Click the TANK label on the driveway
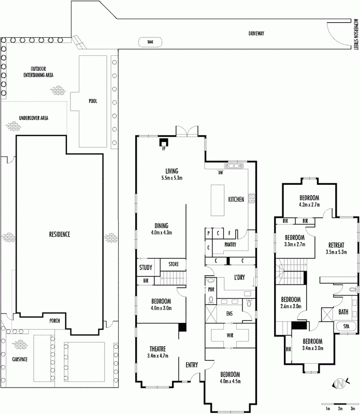[150, 42]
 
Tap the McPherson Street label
[355, 34]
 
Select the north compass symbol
[341, 383]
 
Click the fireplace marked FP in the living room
[164, 142]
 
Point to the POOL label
[93, 101]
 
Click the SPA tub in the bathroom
[346, 327]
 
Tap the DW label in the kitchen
[221, 173]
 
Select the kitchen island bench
[218, 200]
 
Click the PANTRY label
[230, 244]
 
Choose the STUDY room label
[146, 268]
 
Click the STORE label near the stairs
[174, 264]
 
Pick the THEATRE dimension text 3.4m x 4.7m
[158, 356]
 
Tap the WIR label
[230, 335]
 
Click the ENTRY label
[192, 365]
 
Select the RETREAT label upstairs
[336, 245]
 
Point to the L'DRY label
[239, 277]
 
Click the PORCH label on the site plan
[55, 320]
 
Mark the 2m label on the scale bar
[340, 409]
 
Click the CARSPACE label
[20, 359]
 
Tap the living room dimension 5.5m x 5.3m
[172, 178]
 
